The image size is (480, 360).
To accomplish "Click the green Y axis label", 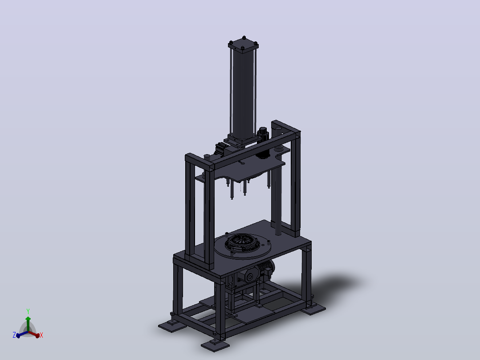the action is point(28,311).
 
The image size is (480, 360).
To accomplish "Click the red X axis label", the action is point(41,335).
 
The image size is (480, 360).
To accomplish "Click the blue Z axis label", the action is point(14,335).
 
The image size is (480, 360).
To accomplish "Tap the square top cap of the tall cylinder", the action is point(244,45).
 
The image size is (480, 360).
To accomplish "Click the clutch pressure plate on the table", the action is point(242,243).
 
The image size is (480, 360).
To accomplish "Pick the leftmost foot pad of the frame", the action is point(172,326).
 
